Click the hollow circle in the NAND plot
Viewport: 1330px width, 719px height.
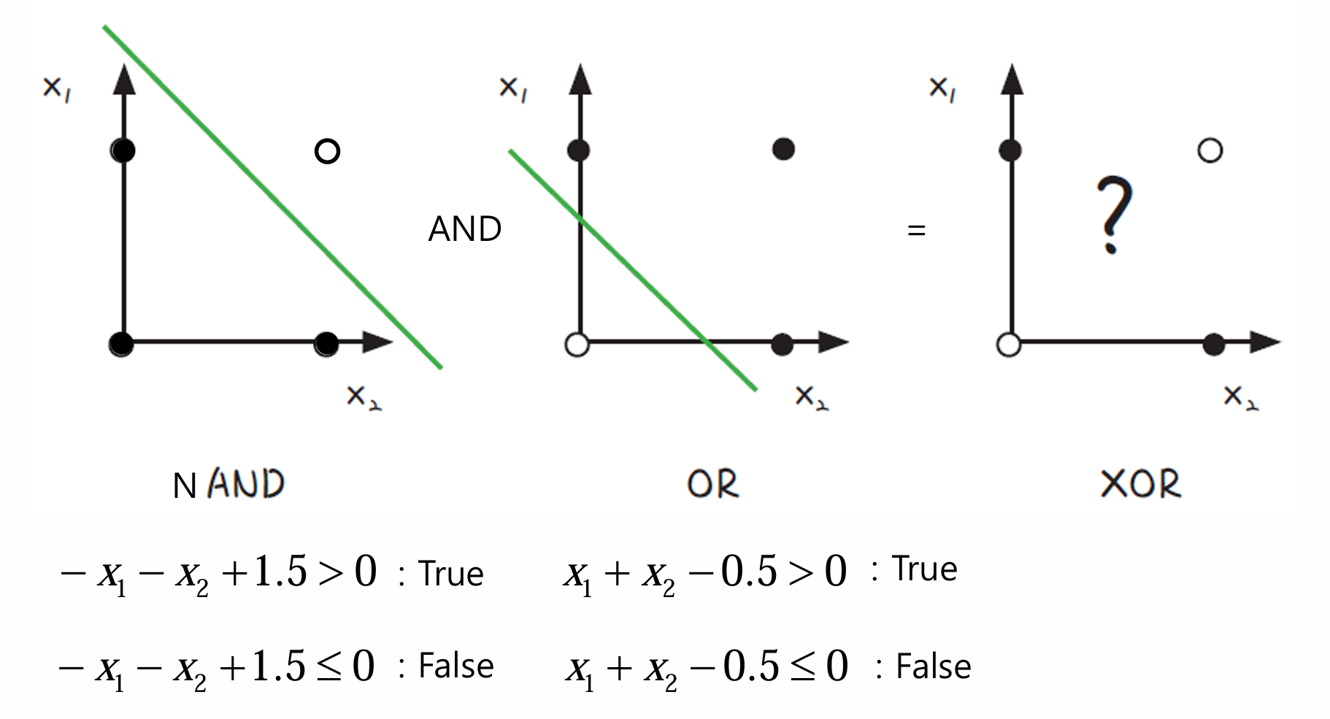(x=327, y=151)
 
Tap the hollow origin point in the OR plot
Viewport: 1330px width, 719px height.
(x=577, y=344)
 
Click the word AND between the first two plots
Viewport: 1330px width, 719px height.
(x=464, y=229)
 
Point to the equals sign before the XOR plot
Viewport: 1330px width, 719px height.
(x=916, y=231)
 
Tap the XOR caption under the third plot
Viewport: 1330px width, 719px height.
(x=1139, y=484)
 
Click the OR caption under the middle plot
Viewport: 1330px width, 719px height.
(x=712, y=484)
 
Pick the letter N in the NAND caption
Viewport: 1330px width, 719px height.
(x=185, y=486)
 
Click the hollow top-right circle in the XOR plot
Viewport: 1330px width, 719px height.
(x=1210, y=151)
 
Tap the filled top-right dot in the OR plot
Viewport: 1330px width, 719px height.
(x=783, y=150)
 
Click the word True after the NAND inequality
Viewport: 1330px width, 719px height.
(x=450, y=574)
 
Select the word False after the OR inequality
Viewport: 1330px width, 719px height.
(x=933, y=666)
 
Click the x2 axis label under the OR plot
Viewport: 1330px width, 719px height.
(x=811, y=397)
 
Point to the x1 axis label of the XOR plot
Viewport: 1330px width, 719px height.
(x=942, y=89)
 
